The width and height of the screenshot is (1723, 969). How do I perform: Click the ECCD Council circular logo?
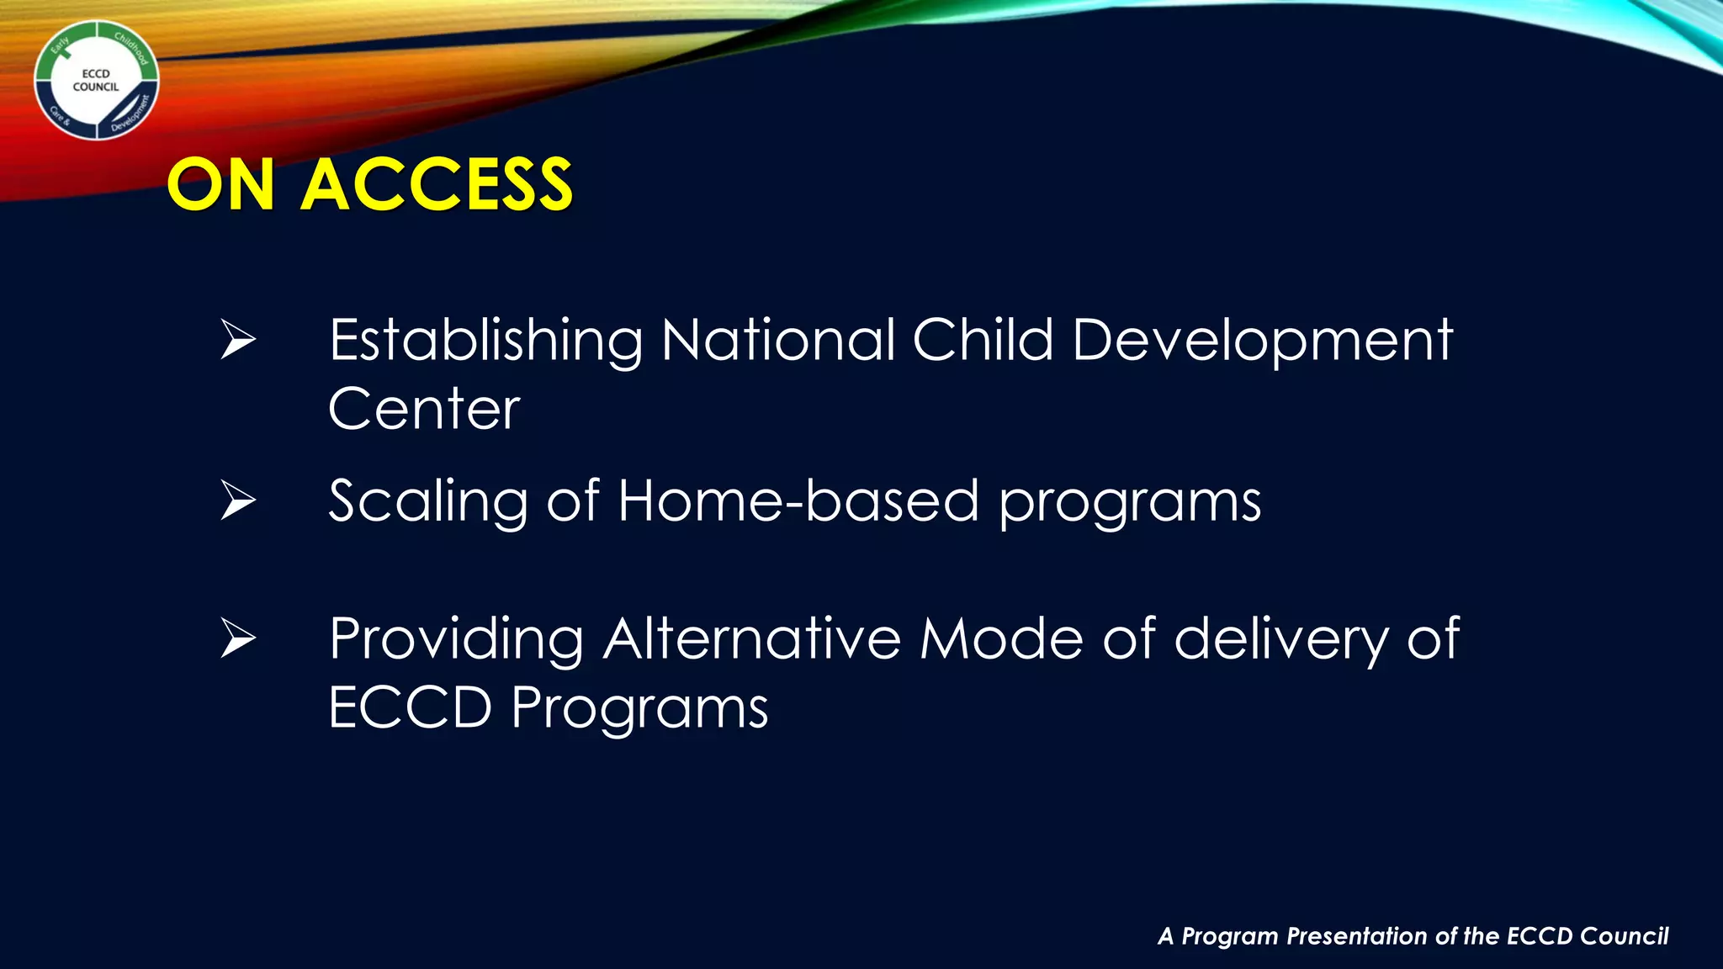click(96, 81)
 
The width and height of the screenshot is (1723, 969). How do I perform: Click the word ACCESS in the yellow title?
click(437, 185)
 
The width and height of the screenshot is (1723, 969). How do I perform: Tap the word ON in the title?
click(221, 185)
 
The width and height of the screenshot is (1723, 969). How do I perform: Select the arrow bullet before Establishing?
click(238, 340)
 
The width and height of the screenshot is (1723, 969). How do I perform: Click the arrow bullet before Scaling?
click(238, 500)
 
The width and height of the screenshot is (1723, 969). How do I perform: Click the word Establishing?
click(485, 342)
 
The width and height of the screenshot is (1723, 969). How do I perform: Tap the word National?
click(778, 340)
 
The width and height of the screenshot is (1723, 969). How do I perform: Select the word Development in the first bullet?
click(1262, 342)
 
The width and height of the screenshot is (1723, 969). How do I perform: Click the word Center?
click(424, 410)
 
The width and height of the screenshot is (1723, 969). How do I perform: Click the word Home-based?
click(798, 500)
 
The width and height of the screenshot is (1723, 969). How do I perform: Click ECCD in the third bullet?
click(410, 707)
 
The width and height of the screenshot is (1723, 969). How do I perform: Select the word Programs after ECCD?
click(639, 709)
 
